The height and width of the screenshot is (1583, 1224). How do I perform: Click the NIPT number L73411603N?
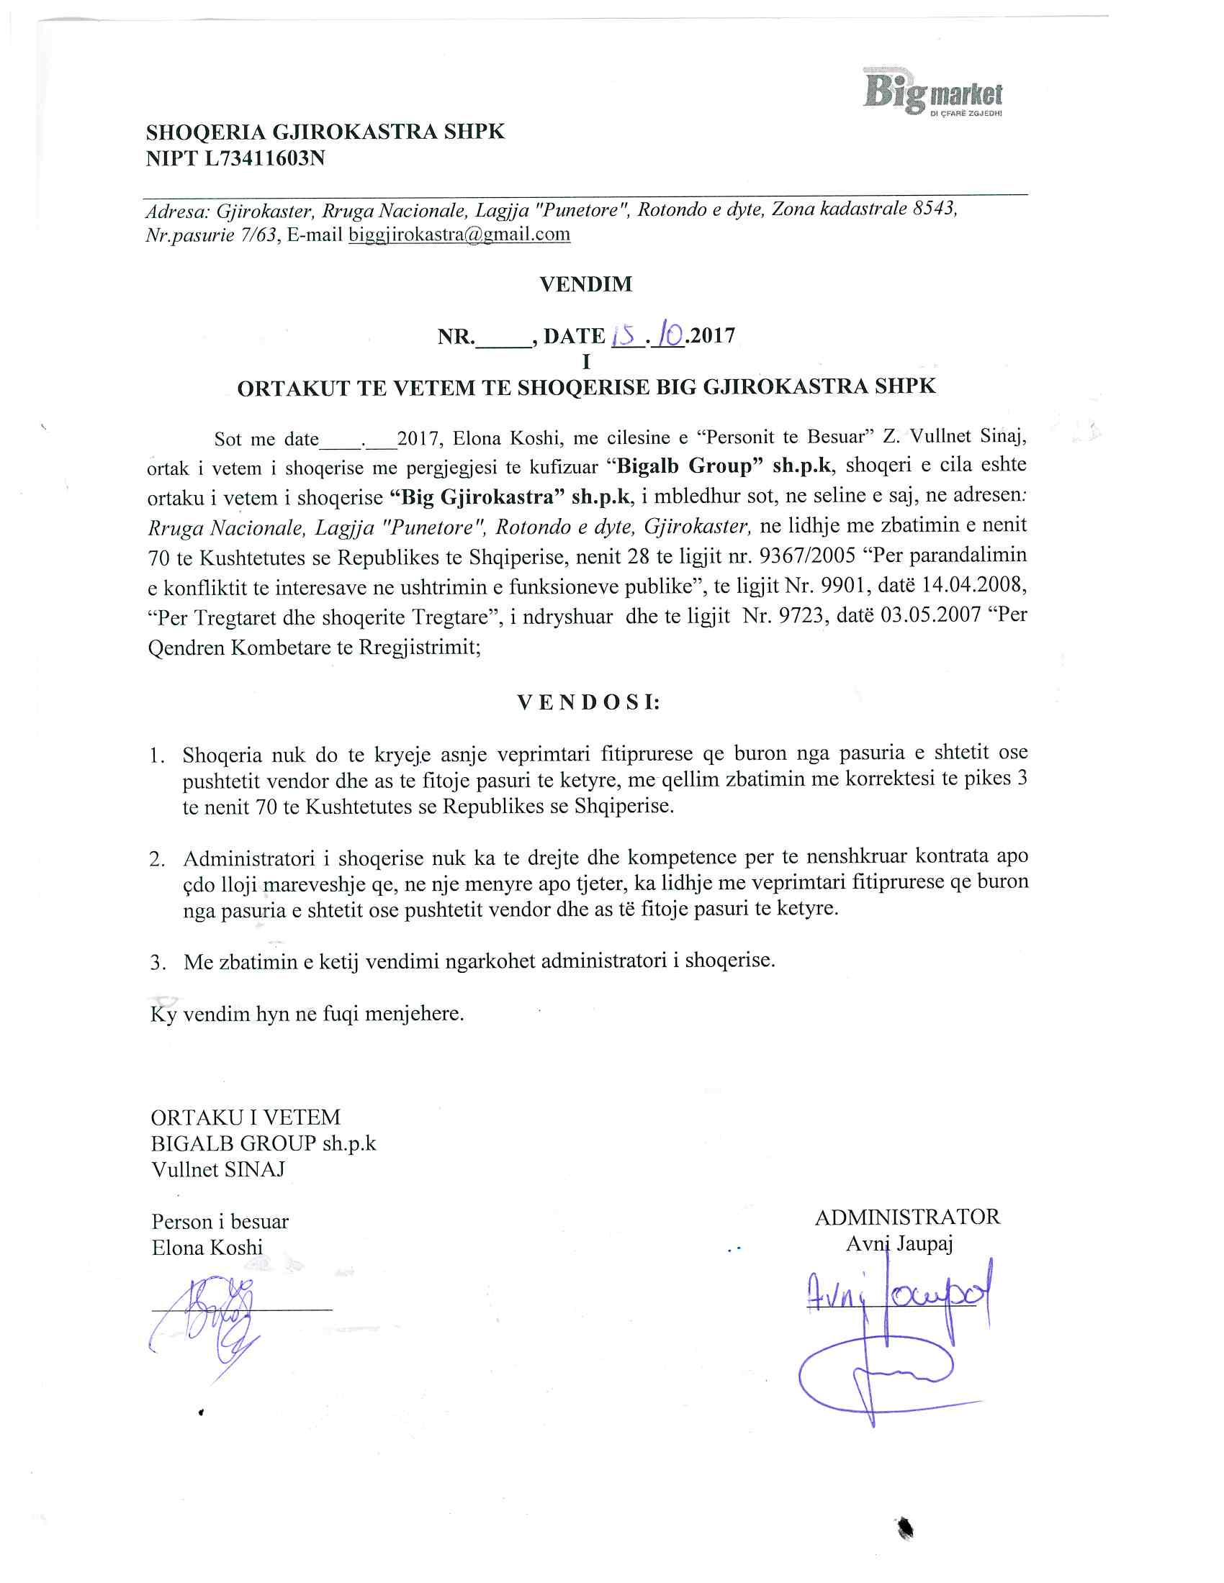point(264,158)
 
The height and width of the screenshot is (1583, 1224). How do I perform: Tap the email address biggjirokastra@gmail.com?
point(459,235)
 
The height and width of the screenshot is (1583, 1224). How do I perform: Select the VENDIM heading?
point(586,284)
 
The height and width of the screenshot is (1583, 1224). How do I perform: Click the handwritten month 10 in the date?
point(669,335)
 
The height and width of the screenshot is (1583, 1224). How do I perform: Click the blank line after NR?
point(503,337)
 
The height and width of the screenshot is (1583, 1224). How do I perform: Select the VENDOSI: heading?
point(588,702)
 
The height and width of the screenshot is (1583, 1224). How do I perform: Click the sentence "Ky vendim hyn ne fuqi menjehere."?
point(307,1013)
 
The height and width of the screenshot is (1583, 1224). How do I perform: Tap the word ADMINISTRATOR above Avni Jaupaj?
point(907,1217)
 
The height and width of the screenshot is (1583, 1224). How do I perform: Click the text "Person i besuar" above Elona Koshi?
point(220,1221)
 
